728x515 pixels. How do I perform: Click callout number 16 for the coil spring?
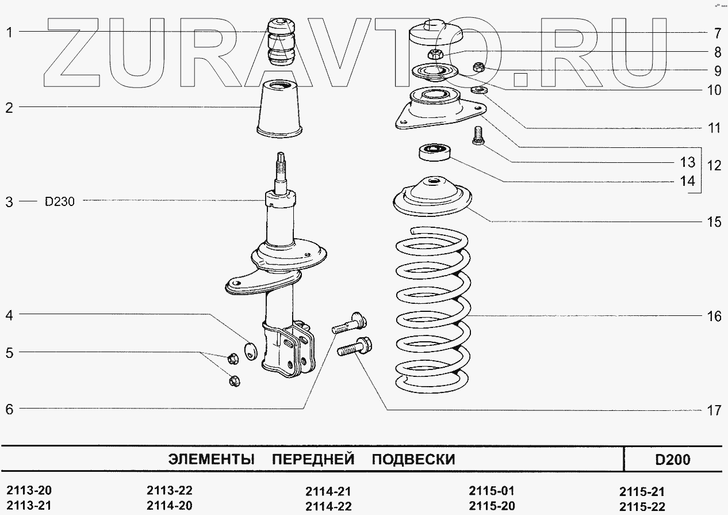[714, 316]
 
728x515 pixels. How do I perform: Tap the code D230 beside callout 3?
[59, 201]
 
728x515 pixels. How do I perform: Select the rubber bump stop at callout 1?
[279, 43]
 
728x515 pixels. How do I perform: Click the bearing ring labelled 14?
[435, 152]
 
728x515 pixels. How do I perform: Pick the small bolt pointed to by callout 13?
[477, 136]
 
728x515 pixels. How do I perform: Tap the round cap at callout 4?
[250, 349]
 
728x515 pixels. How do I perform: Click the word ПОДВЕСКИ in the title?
[413, 460]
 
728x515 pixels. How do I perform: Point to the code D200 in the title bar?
[672, 460]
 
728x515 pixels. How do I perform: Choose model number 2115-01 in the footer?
[492, 491]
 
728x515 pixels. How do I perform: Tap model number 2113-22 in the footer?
[170, 491]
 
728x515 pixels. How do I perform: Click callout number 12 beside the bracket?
[714, 166]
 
